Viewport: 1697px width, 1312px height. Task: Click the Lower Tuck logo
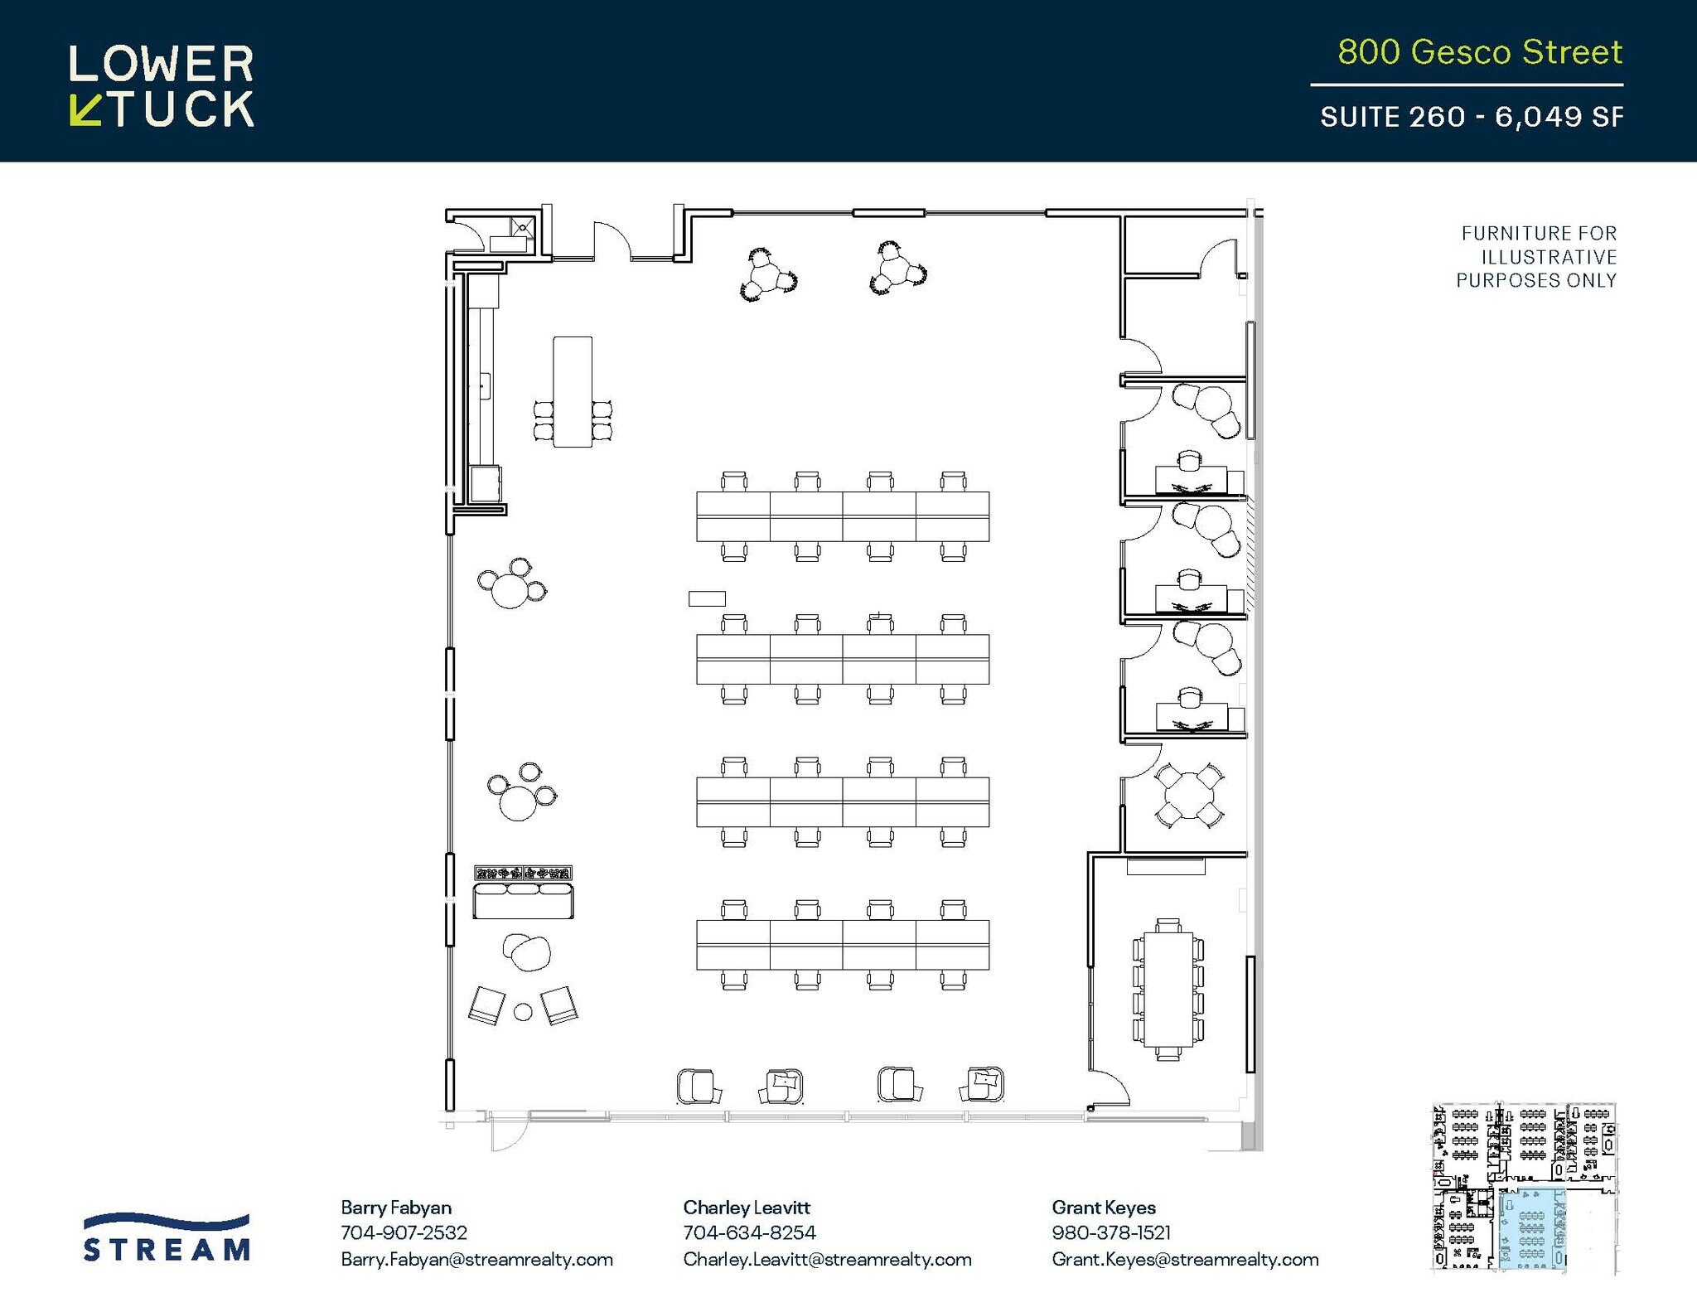(x=162, y=86)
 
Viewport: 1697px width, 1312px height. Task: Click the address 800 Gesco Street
(x=1479, y=52)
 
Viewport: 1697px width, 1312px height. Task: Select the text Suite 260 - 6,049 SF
(x=1472, y=117)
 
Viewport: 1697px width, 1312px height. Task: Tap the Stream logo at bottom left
(x=167, y=1238)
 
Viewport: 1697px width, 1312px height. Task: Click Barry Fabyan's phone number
(x=404, y=1233)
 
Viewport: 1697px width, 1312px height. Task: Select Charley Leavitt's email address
(x=827, y=1260)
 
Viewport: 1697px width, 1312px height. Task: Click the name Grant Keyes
(x=1103, y=1208)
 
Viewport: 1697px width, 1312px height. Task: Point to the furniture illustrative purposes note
(x=1537, y=257)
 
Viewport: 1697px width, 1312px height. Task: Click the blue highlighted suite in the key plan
(x=1531, y=1229)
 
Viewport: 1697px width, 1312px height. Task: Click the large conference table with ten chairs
(x=1168, y=989)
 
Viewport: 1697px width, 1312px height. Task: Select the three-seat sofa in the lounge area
(x=523, y=901)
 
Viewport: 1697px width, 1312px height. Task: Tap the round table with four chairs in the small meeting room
(x=1188, y=795)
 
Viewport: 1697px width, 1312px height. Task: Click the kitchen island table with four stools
(x=573, y=391)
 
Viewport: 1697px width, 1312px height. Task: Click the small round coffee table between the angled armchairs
(x=523, y=1011)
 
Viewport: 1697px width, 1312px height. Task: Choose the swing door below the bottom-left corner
(x=507, y=1134)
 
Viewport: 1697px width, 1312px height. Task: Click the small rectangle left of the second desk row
(x=707, y=598)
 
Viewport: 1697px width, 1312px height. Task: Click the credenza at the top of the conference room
(x=1165, y=867)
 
